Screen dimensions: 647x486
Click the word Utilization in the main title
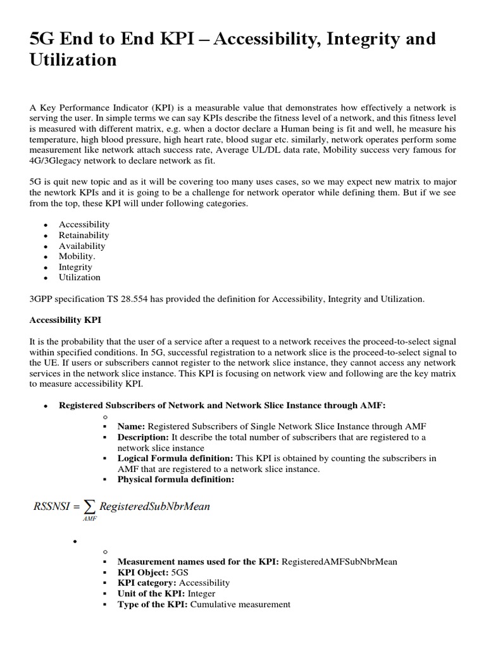[x=73, y=60]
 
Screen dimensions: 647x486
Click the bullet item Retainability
[x=84, y=235]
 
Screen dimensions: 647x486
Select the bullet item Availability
[x=82, y=246]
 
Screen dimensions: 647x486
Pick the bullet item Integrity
[x=75, y=267]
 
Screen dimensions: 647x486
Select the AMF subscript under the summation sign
[x=89, y=518]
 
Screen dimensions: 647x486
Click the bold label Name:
[x=132, y=426]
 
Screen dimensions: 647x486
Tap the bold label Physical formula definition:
[x=176, y=479]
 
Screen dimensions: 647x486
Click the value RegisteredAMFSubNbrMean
[x=339, y=561]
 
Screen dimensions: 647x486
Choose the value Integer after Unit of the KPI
[x=197, y=593]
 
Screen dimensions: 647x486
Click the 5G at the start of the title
[x=41, y=39]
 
